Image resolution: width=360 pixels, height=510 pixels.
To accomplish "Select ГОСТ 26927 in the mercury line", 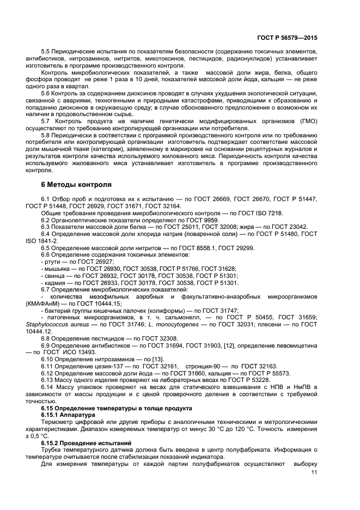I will pos(93,262).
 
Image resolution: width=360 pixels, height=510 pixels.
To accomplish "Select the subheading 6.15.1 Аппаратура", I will pos(72,415).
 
